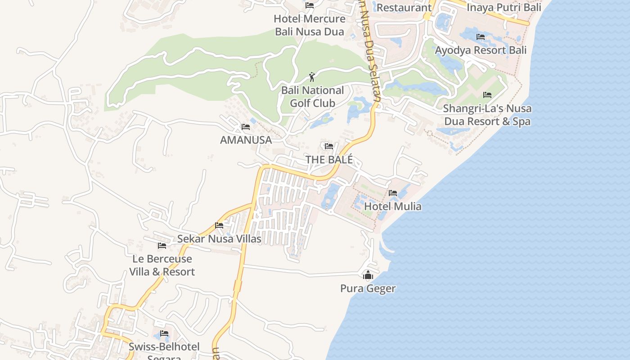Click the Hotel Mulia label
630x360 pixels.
393,207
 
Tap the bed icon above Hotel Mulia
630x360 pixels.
393,193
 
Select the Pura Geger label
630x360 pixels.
368,288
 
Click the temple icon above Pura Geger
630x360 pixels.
368,275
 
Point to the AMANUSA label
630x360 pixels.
246,140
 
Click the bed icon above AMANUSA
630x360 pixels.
246,127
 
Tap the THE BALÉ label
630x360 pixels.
329,160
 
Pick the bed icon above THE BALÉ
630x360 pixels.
329,146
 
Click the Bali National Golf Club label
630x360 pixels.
312,97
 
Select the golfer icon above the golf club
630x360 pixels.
312,77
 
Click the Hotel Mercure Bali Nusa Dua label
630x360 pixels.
310,25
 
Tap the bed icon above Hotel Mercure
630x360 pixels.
310,5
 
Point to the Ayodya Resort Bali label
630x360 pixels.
481,50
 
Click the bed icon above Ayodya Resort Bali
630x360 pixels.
481,37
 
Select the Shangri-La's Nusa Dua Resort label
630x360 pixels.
487,115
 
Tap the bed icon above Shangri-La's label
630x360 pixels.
487,95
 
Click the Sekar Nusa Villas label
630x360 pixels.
219,239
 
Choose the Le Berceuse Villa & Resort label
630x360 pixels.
162,265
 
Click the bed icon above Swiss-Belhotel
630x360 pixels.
164,333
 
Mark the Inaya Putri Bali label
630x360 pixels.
504,8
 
